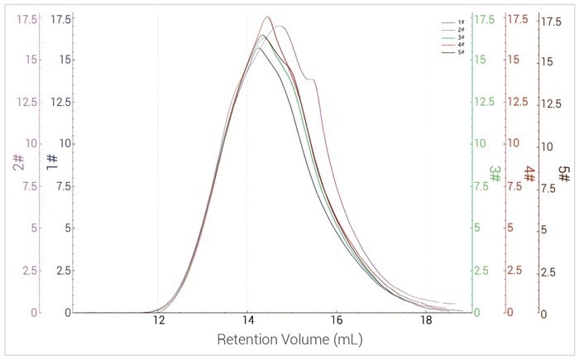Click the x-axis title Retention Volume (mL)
click(290, 340)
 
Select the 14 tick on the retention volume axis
click(247, 321)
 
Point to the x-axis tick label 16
click(337, 321)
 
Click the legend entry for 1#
click(457, 23)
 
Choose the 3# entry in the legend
click(457, 37)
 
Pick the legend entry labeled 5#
click(457, 52)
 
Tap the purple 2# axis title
click(17, 164)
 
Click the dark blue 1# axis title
click(52, 163)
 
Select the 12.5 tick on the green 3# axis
click(486, 102)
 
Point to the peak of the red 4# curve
click(267, 17)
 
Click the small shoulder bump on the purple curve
click(312, 79)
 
